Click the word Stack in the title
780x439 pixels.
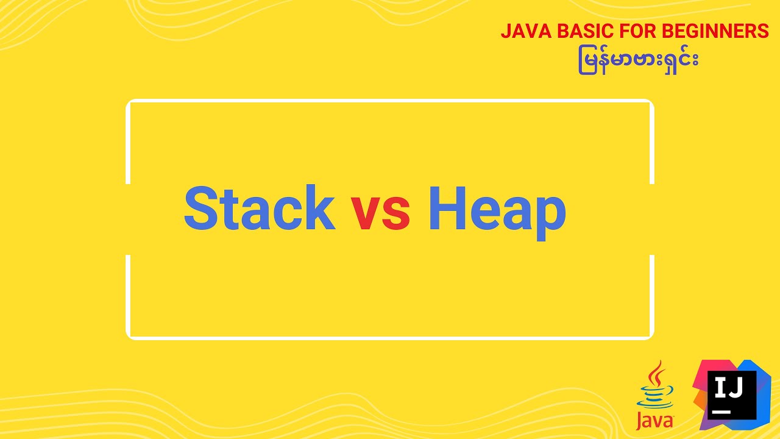259,209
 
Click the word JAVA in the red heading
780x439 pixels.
522,32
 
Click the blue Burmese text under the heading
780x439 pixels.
638,62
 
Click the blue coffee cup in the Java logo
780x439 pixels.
654,396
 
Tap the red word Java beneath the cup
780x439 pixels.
654,421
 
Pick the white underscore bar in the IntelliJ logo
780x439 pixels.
721,412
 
